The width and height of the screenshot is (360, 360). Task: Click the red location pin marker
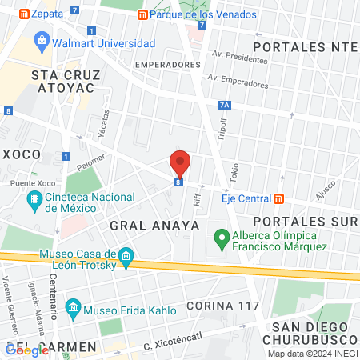tap(180, 163)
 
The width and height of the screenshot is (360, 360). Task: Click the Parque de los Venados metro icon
tap(142, 14)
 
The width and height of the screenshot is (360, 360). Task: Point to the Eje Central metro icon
tap(278, 198)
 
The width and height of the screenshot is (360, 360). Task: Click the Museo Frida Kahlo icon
tap(73, 307)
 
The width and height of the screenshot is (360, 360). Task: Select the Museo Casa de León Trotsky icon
tap(126, 256)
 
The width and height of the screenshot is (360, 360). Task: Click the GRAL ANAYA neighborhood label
tap(154, 226)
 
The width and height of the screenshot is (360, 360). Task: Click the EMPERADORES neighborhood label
tap(166, 64)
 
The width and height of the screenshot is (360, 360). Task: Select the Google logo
tap(27, 350)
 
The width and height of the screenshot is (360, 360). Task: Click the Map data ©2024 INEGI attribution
tap(311, 354)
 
